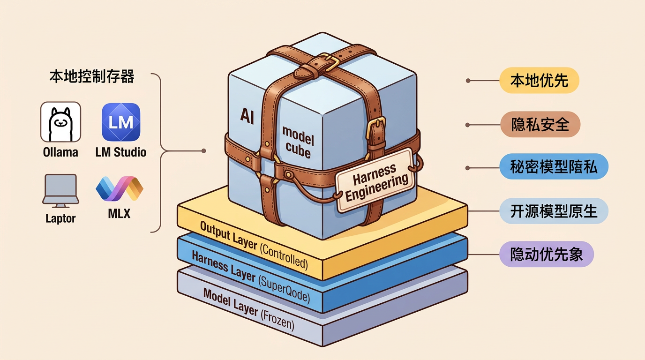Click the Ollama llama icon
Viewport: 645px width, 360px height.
60,122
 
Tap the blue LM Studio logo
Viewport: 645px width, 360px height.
121,122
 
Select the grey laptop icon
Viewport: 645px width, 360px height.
60,191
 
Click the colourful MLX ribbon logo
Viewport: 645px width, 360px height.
119,188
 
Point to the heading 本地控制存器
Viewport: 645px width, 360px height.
92,76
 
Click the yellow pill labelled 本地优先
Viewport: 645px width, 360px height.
539,80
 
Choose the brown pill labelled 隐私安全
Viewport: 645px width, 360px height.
540,124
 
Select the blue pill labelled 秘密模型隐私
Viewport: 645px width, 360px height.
554,166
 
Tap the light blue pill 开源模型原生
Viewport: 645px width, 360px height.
554,211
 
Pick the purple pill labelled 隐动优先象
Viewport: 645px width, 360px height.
547,254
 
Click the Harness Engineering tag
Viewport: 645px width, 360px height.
376,180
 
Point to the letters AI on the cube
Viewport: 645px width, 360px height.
247,116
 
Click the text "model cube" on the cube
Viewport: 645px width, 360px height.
298,142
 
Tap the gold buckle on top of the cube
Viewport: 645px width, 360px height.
329,61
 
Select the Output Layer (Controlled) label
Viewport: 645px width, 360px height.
254,245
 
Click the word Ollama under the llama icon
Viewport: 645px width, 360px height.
60,152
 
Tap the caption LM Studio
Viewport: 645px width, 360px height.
121,152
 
